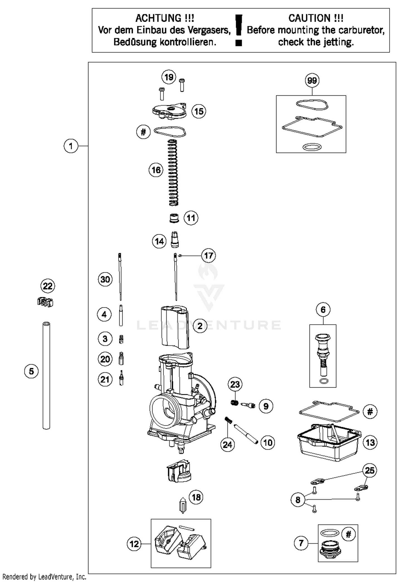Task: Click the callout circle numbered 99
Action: pos(312,81)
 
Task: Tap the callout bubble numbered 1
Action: pos(71,146)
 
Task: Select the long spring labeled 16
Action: pos(173,173)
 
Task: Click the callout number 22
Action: pos(48,286)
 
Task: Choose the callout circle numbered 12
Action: pos(134,544)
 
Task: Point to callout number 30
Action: pos(105,279)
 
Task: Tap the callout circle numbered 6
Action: pos(323,310)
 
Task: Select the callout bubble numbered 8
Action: pos(298,500)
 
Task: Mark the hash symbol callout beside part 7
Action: pos(348,534)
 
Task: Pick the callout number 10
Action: pos(268,442)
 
